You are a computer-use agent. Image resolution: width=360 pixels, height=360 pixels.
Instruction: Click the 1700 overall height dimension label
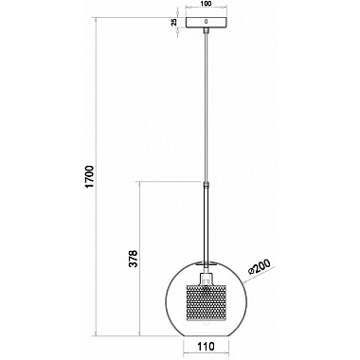point(90,176)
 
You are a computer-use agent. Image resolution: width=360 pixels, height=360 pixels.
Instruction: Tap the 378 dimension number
point(135,259)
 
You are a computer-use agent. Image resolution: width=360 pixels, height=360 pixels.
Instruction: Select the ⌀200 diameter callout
point(260,268)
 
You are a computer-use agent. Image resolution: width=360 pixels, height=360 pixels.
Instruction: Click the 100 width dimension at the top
point(206,4)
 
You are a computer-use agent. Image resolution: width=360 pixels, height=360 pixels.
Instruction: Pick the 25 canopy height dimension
point(173,22)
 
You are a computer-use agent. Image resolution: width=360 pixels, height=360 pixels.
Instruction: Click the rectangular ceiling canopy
point(206,22)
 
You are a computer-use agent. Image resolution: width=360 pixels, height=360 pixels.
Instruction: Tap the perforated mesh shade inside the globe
point(206,298)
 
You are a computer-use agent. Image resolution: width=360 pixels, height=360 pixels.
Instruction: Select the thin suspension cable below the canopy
point(206,107)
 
